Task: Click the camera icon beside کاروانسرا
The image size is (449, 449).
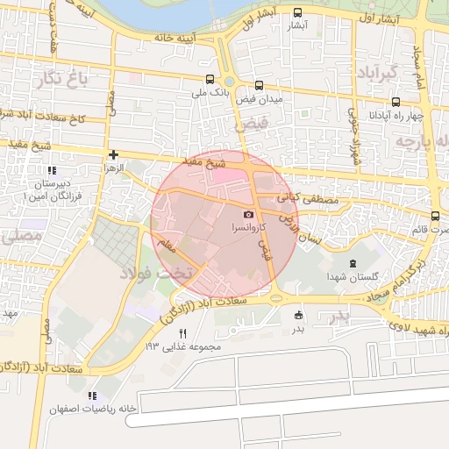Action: [248, 215]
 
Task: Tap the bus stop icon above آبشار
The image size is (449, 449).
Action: [299, 12]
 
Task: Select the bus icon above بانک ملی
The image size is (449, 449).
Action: [208, 79]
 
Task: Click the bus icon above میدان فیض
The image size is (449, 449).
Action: [259, 85]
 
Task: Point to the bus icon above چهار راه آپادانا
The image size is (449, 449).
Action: [396, 103]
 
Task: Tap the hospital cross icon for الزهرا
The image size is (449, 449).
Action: [114, 153]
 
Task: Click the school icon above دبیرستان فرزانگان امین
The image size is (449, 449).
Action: [52, 170]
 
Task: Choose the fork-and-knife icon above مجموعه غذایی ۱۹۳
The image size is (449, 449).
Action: [183, 333]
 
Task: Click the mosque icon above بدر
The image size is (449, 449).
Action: [299, 316]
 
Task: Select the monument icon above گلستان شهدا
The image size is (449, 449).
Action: [353, 264]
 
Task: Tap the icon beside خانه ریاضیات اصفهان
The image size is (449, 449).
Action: [92, 396]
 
